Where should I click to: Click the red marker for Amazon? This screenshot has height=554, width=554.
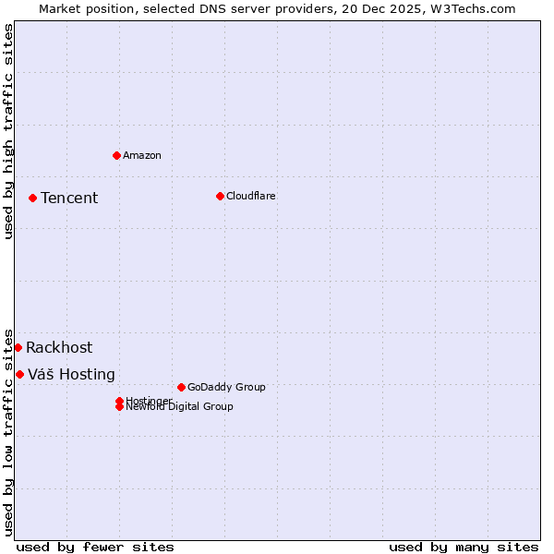116,155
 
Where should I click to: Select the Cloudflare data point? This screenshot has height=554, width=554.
220,196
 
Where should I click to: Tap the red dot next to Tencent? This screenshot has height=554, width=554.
32,198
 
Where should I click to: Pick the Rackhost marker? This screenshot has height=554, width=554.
18,347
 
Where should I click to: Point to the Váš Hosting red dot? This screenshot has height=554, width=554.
19,374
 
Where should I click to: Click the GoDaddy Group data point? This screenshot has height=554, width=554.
181,387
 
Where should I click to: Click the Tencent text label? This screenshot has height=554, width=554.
69,198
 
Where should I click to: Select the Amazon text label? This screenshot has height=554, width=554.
142,155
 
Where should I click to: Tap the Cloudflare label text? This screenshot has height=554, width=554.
251,196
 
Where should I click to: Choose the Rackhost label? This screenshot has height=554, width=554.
59,347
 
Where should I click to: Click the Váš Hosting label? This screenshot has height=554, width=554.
71,374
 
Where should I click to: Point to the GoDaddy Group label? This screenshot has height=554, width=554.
226,387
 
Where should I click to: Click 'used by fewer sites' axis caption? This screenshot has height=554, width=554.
95,547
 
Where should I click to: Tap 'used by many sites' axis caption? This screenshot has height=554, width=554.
464,547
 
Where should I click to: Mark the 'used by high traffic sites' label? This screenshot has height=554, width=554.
8,131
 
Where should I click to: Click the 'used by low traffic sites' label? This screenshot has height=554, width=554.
8,431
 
